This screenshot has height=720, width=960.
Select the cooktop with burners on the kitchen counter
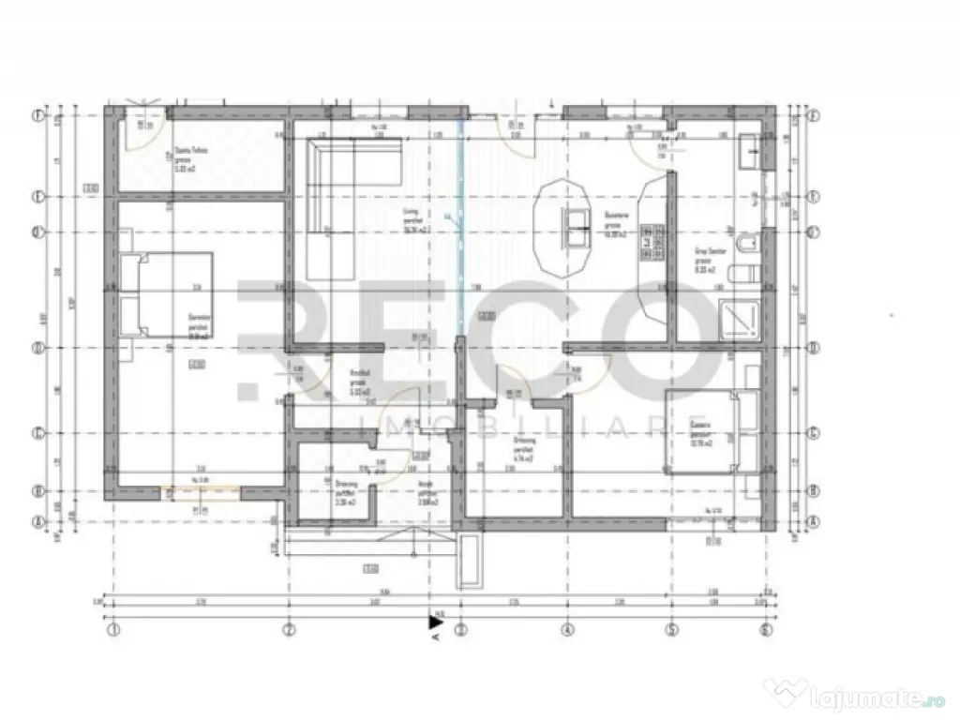click(647, 245)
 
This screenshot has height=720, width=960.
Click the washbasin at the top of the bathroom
click(751, 152)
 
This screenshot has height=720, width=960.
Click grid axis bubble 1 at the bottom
click(113, 629)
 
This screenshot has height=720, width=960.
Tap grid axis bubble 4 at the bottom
click(566, 629)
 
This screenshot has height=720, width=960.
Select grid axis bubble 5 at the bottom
click(672, 629)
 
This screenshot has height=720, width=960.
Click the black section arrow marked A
click(435, 621)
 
